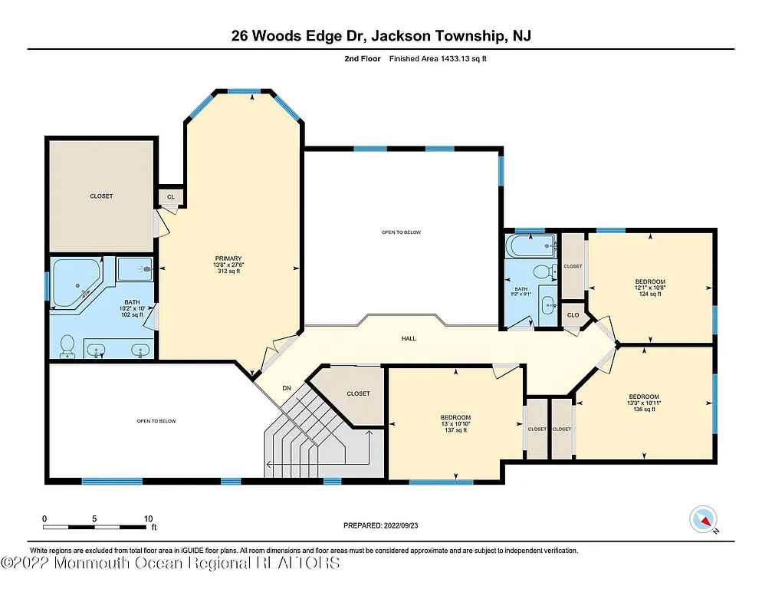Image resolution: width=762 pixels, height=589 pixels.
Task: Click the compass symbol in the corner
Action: [703, 521]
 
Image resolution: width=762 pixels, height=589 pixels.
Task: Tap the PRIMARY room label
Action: [228, 258]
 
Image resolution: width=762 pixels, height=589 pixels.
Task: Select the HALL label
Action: [409, 338]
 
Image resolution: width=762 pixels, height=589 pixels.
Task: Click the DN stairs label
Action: [287, 388]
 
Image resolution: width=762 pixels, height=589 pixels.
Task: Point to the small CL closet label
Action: [171, 198]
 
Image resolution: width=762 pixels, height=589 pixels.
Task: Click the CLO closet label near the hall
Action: [573, 314]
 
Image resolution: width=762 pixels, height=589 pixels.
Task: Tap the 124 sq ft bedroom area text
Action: [649, 294]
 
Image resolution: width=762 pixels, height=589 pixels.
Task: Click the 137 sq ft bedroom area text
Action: [455, 430]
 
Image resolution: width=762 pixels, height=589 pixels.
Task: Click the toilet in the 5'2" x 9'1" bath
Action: [544, 271]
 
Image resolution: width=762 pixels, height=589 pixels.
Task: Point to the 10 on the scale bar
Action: [148, 518]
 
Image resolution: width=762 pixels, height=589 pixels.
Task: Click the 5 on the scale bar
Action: [94, 518]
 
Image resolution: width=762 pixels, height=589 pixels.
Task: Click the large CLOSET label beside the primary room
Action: [101, 196]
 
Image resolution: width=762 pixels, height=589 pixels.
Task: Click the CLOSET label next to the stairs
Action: [358, 393]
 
